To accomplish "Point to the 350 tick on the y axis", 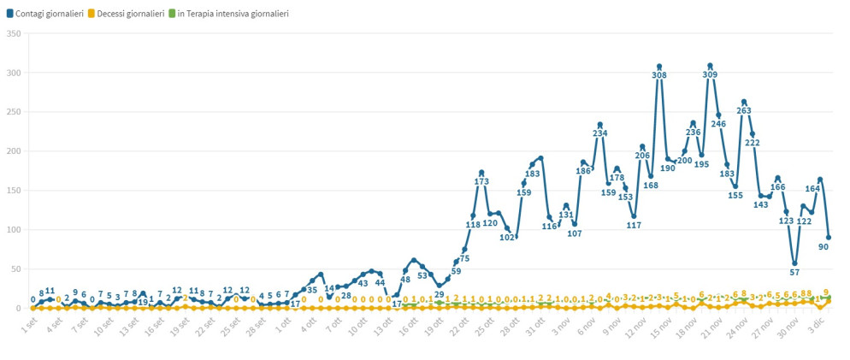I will (13, 34).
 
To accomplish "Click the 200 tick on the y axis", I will (13, 151).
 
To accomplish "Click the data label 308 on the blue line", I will (659, 75).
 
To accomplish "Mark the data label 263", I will (744, 110).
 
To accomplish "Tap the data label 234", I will (599, 133).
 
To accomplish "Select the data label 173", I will (481, 181).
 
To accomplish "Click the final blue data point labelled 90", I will (829, 238).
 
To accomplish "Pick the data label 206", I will (642, 156).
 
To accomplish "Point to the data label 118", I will (473, 225).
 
